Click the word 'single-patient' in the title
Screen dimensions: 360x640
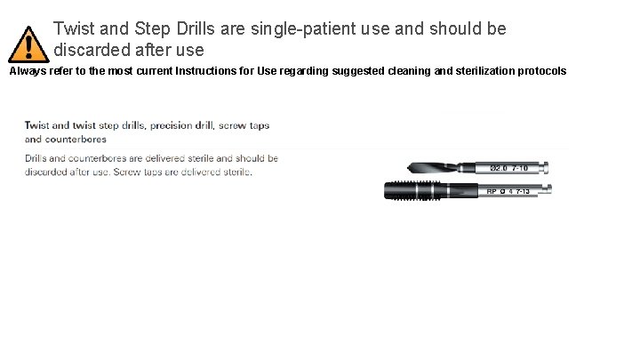pyautogui.click(x=295, y=28)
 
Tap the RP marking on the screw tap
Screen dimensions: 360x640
pyautogui.click(x=492, y=190)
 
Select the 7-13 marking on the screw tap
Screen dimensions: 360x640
pyautogui.click(x=533, y=190)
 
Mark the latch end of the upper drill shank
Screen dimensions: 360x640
pyautogui.click(x=552, y=168)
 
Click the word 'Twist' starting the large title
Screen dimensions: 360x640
pyautogui.click(x=74, y=28)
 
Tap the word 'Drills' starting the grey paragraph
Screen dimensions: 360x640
pyautogui.click(x=38, y=158)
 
